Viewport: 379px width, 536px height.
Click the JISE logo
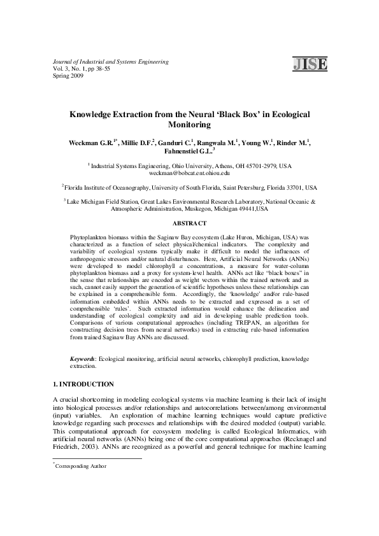click(310, 63)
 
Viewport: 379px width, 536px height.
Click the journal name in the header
click(110, 62)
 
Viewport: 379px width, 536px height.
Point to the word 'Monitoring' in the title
click(189, 125)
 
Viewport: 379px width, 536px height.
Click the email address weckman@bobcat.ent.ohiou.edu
click(189, 173)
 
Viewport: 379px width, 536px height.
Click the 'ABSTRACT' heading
click(189, 223)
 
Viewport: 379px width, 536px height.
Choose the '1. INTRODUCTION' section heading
click(83, 384)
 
